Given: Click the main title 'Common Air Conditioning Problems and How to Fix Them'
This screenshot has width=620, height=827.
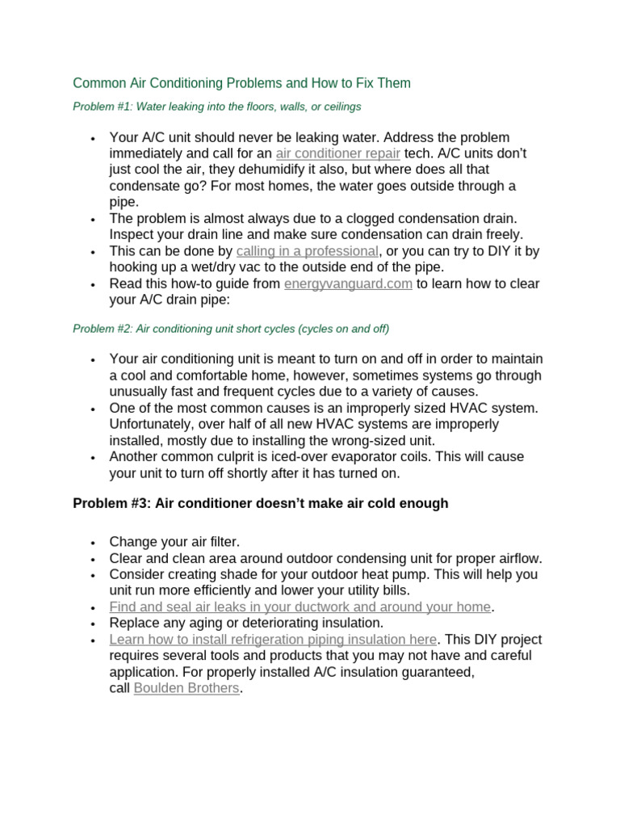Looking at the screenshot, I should point(241,83).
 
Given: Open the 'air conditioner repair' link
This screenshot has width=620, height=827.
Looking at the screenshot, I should point(337,153).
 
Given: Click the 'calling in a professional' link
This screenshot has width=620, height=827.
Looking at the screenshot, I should point(307,251).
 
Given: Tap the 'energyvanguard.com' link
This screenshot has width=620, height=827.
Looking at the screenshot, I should point(348,283).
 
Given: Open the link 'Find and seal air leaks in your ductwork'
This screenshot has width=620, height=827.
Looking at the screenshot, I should point(300,607).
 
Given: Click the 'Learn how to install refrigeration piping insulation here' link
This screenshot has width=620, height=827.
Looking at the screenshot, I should point(273,640).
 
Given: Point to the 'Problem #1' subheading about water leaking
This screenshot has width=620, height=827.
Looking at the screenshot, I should point(216,106).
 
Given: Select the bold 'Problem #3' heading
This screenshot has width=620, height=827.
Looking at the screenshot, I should point(260,503).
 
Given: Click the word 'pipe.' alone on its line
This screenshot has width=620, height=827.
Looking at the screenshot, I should point(124,202).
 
